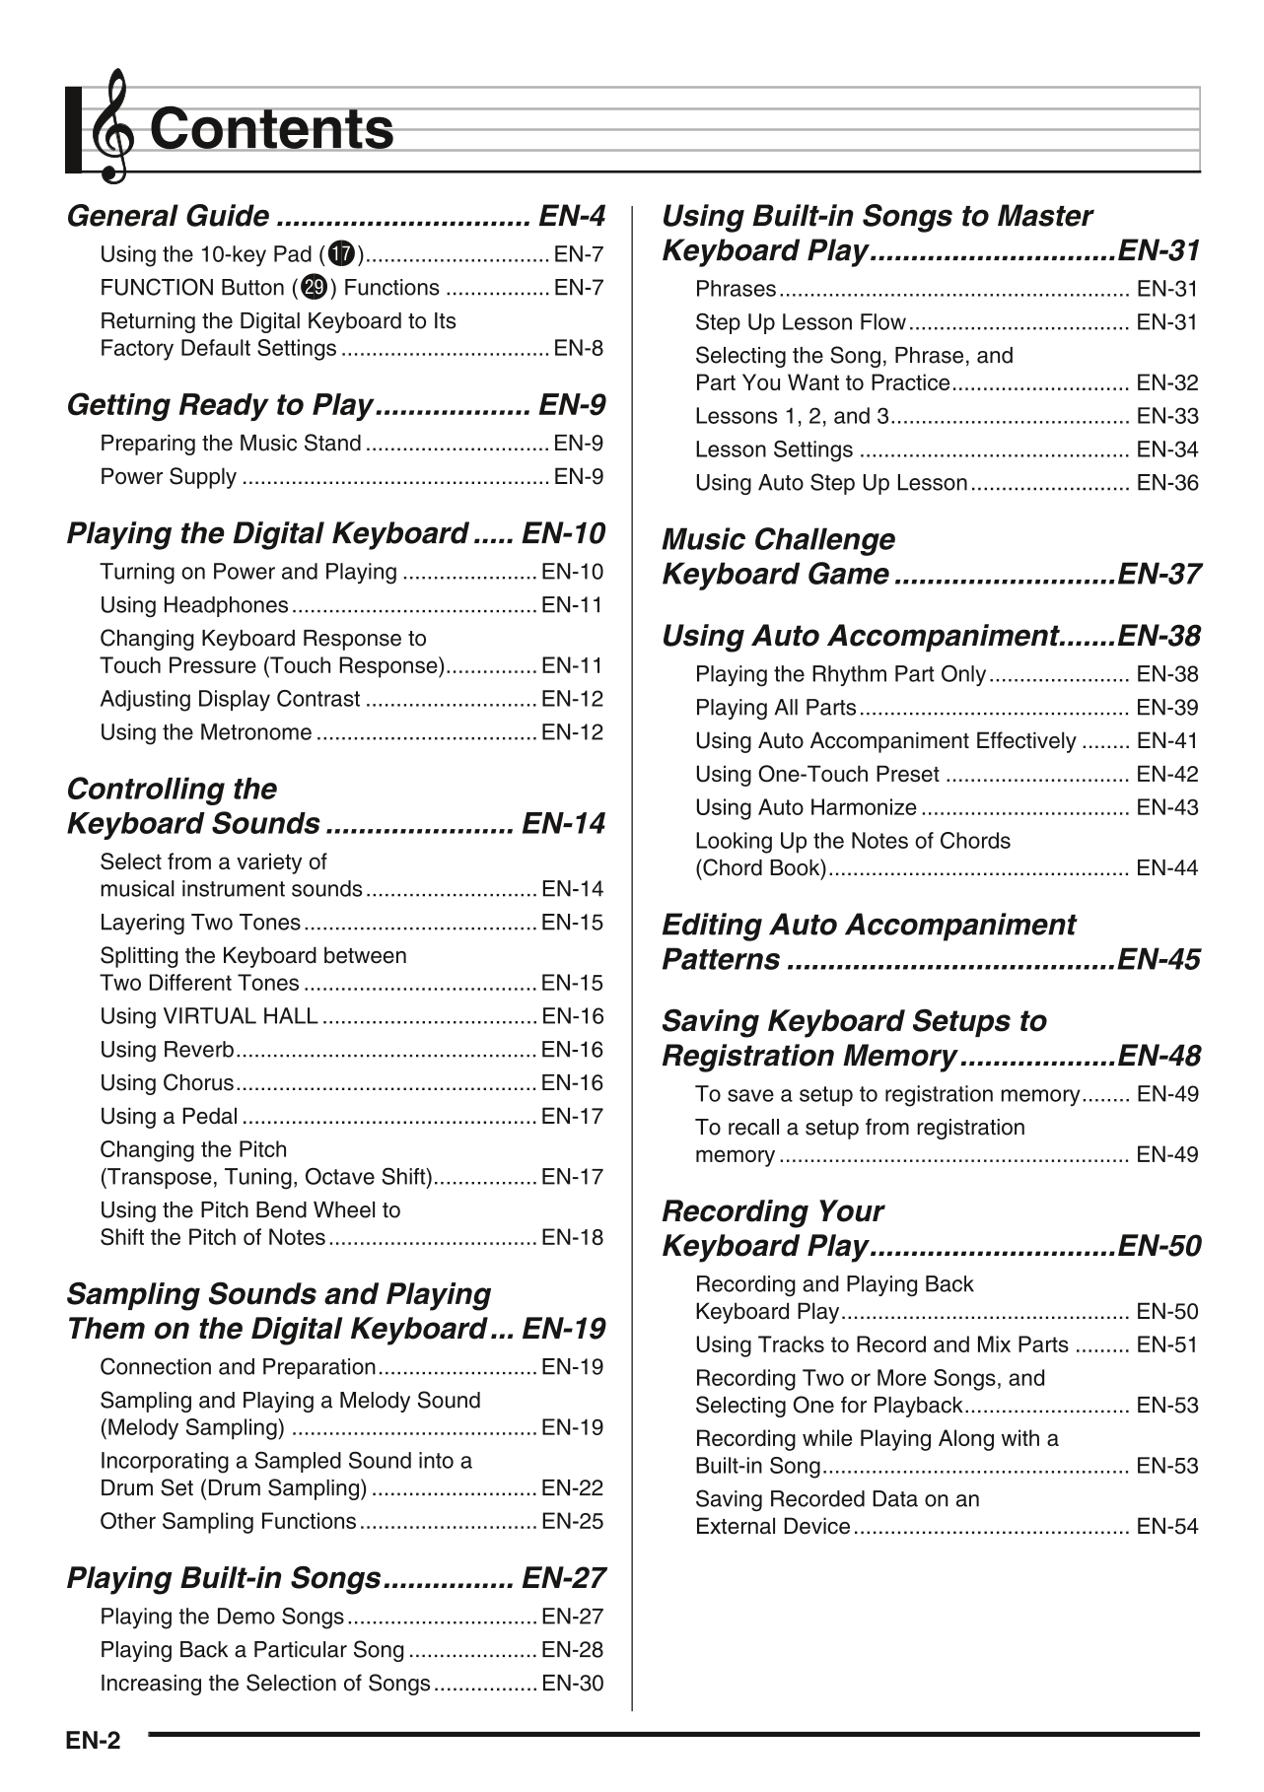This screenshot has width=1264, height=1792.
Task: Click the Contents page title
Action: pyautogui.click(x=271, y=129)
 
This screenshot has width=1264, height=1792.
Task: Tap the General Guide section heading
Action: pyautogui.click(x=168, y=217)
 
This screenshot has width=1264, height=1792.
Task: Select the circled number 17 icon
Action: pyautogui.click(x=342, y=254)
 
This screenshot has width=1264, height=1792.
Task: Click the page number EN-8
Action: pyautogui.click(x=579, y=349)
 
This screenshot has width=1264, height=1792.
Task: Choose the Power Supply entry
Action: pyautogui.click(x=169, y=477)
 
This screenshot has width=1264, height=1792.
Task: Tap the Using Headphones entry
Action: pyautogui.click(x=194, y=605)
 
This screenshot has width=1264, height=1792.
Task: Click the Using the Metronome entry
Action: pyautogui.click(x=206, y=732)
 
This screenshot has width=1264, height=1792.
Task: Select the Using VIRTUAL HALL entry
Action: pyautogui.click(x=209, y=1016)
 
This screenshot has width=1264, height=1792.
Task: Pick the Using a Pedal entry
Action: pyautogui.click(x=169, y=1117)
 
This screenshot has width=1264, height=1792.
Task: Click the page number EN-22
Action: pyautogui.click(x=573, y=1488)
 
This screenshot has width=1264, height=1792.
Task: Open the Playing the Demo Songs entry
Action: pyautogui.click(x=222, y=1617)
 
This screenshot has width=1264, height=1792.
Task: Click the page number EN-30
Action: pyautogui.click(x=573, y=1684)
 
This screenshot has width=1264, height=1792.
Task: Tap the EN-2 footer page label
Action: pyautogui.click(x=93, y=1741)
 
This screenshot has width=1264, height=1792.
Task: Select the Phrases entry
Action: pyautogui.click(x=736, y=289)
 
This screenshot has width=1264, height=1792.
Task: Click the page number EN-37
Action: pyautogui.click(x=1159, y=575)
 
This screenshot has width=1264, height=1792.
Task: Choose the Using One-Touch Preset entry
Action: pyautogui.click(x=817, y=775)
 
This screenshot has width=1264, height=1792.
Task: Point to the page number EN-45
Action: pyautogui.click(x=1159, y=960)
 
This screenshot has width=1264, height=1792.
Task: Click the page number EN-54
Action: pyautogui.click(x=1167, y=1527)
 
